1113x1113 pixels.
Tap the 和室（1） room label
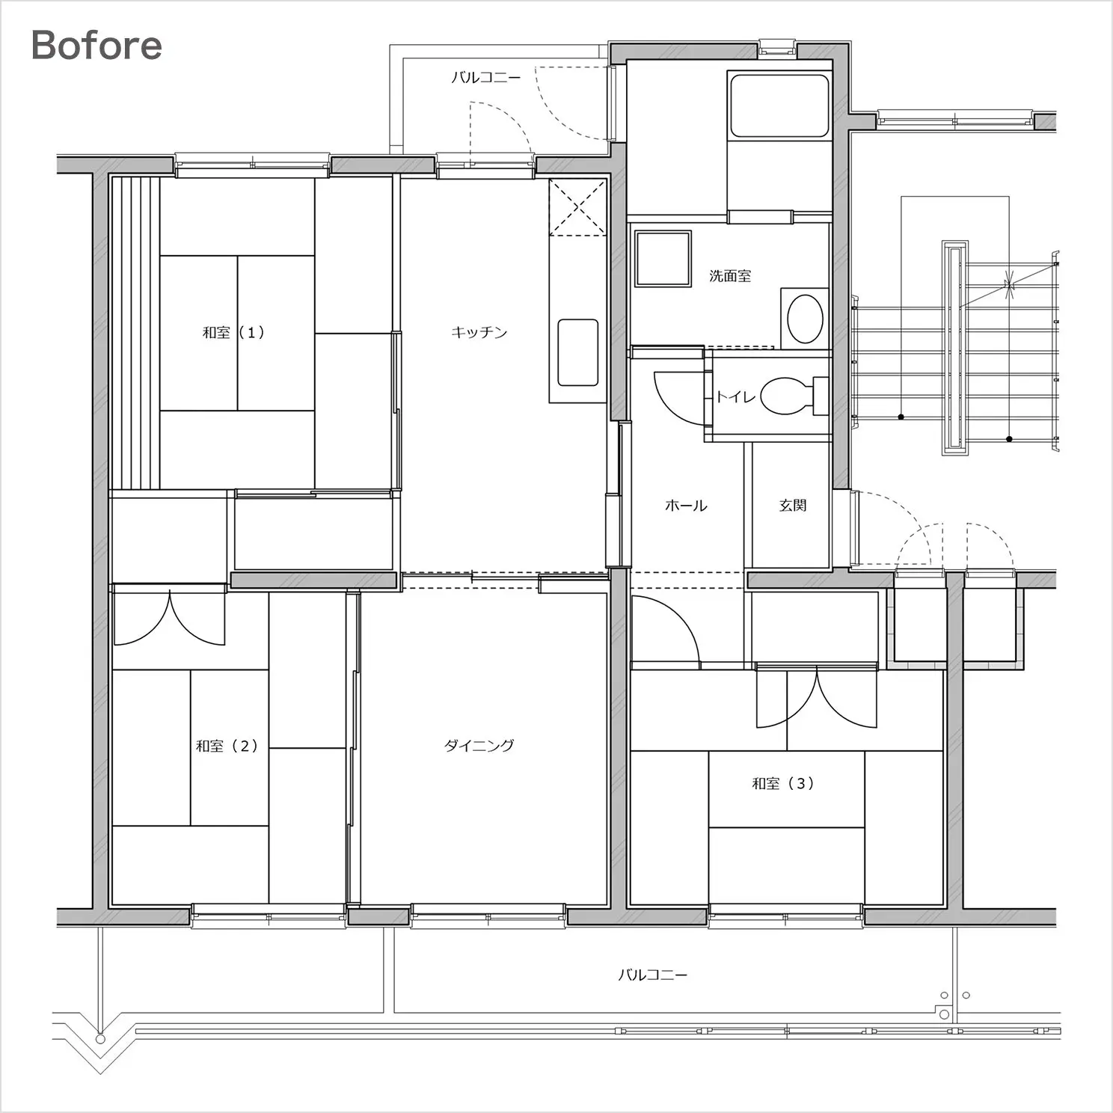(234, 332)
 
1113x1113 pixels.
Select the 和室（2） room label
(227, 746)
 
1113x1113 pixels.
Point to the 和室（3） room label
(783, 783)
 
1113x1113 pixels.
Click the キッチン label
(479, 332)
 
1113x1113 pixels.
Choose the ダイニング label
(479, 745)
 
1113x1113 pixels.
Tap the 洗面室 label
(730, 276)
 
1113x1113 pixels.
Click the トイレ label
(736, 396)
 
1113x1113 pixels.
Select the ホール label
(686, 506)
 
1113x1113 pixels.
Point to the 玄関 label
(793, 506)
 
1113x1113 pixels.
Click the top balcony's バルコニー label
(486, 77)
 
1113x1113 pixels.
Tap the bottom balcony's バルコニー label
(653, 975)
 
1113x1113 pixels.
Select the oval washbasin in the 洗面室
(806, 319)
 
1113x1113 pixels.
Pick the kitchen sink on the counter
(578, 352)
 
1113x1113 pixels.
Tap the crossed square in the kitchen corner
(577, 207)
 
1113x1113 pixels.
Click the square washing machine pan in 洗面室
(663, 259)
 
